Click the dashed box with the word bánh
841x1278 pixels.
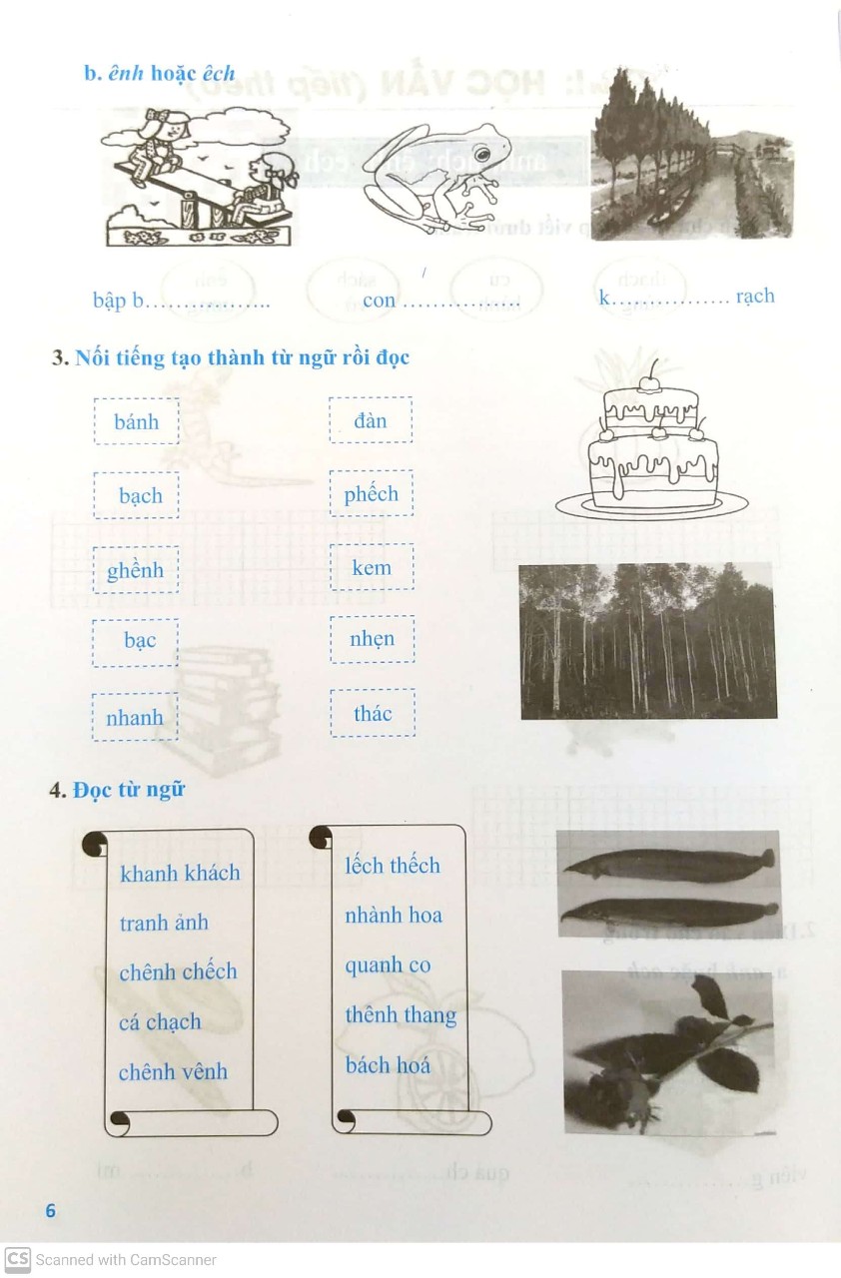coord(136,421)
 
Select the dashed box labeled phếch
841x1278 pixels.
coord(371,494)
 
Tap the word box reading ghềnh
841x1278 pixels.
coord(136,570)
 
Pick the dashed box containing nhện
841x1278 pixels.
coord(372,639)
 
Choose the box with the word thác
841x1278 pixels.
coord(372,713)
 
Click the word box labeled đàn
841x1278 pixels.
coord(371,420)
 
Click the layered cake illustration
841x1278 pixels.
coord(653,449)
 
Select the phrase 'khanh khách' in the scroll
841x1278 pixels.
coord(180,873)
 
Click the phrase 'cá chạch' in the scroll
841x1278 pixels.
coord(160,1021)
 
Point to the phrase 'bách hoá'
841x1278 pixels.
coord(388,1064)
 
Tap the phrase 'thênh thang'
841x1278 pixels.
coord(401,1014)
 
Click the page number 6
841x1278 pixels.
coord(51,1210)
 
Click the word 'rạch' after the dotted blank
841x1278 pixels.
coord(754,297)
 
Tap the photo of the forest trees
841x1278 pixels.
coord(648,641)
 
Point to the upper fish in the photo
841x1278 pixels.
coord(667,865)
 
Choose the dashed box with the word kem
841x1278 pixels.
coord(372,567)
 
